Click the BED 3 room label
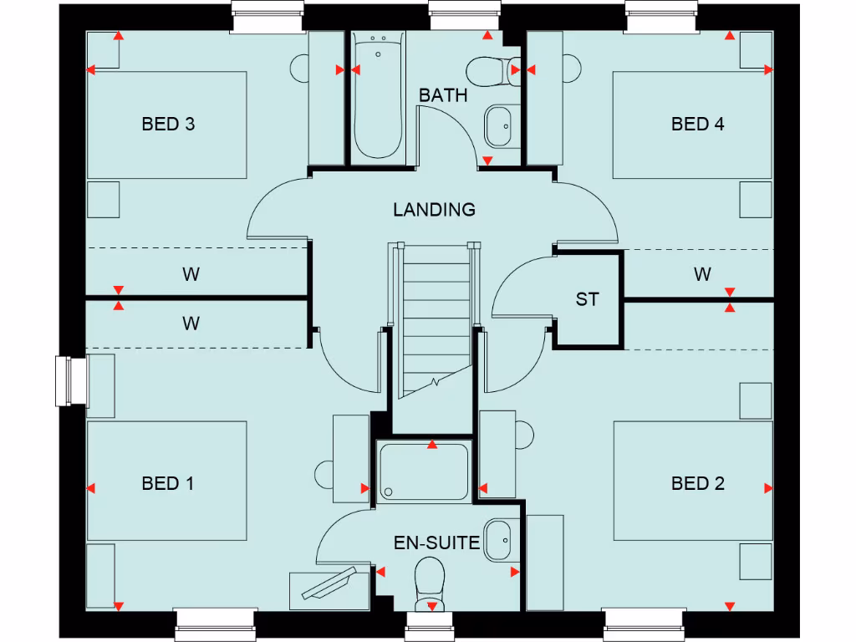(x=168, y=125)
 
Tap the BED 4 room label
(x=697, y=125)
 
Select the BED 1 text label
(x=168, y=483)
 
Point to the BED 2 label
(x=697, y=483)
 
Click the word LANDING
(x=434, y=210)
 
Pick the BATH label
(x=443, y=95)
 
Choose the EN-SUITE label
(x=437, y=543)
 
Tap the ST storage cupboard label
(x=587, y=299)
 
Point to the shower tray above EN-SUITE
(x=423, y=472)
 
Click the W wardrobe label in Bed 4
(x=702, y=274)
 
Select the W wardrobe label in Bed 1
(x=191, y=324)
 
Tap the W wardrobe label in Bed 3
(x=191, y=274)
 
